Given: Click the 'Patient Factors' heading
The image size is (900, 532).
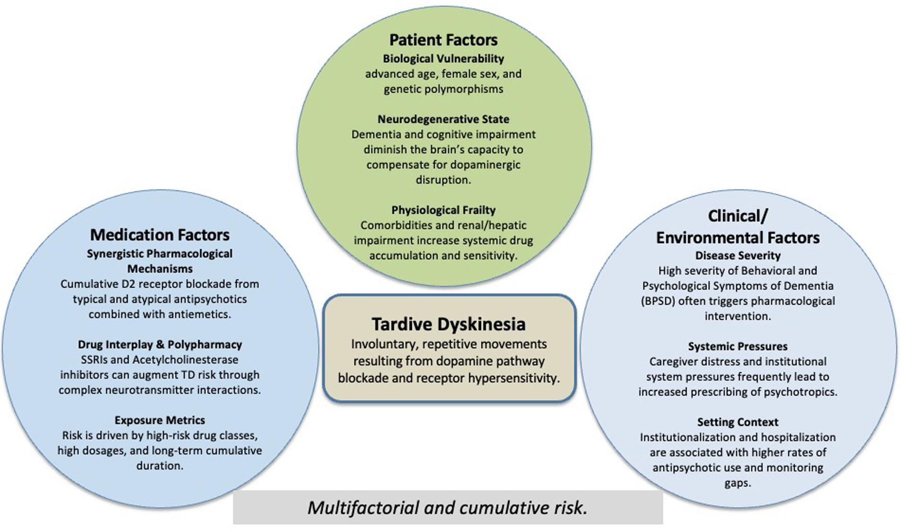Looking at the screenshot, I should [x=443, y=40].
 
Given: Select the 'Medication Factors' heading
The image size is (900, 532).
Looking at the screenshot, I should [x=159, y=235].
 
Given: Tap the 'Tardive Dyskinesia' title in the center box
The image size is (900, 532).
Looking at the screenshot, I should [x=448, y=324].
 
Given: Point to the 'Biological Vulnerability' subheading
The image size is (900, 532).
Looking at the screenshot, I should [x=443, y=58].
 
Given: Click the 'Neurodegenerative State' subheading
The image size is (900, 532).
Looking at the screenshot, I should [x=443, y=119].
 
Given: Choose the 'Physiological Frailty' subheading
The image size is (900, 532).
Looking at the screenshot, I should [x=443, y=210].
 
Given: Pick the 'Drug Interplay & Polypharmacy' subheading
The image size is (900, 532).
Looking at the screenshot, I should [x=159, y=344].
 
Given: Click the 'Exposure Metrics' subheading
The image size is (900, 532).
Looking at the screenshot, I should [x=159, y=420].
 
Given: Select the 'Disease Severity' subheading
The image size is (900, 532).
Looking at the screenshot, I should [x=737, y=255].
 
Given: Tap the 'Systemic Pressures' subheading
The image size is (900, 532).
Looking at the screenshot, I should [x=737, y=346].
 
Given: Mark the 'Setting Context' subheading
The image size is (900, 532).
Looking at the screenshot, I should [x=737, y=422].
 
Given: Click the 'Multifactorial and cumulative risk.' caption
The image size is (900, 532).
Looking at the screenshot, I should [x=447, y=508].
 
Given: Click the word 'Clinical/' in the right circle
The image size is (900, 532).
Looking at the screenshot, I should [x=737, y=216].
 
